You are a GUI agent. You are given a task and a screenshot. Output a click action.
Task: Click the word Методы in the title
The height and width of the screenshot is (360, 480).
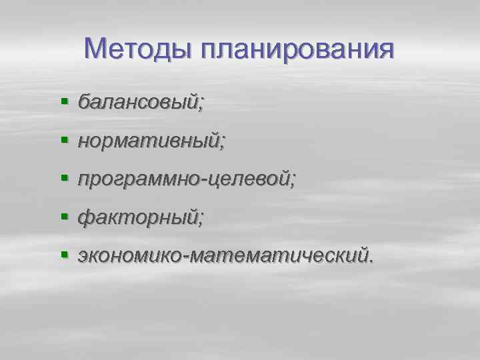[x=136, y=49]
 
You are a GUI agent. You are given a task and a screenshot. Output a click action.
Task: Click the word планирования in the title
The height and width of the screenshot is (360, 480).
[x=295, y=49]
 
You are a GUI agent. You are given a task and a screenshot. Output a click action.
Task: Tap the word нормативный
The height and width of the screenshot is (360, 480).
[x=149, y=141]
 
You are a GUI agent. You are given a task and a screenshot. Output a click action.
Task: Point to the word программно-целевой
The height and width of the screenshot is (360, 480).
[x=183, y=179]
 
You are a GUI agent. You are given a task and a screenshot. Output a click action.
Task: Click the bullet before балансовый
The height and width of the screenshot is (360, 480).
[x=65, y=102]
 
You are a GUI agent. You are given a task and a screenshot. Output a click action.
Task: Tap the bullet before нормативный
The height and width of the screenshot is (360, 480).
[x=65, y=141]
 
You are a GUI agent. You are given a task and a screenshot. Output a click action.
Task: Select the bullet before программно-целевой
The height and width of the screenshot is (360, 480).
[x=65, y=179]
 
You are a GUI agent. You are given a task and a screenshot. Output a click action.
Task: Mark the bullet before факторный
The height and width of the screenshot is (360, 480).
[x=65, y=217]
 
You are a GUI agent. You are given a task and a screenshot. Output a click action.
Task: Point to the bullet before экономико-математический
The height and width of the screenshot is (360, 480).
[x=65, y=255]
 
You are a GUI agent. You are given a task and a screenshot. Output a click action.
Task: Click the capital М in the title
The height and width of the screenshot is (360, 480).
[x=97, y=49]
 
